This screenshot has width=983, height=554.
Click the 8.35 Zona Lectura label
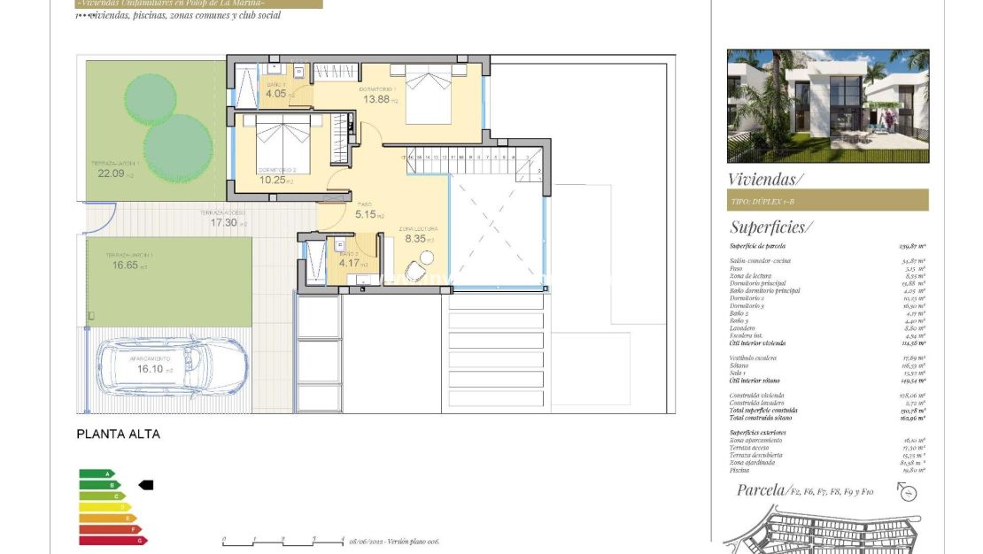click(416, 238)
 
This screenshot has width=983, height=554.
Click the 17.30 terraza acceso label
click(224, 223)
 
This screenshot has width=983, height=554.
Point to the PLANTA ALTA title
click(119, 435)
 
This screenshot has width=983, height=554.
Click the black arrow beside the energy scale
click(146, 485)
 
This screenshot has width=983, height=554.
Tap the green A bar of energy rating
click(97, 473)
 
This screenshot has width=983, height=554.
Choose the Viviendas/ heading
click(765, 179)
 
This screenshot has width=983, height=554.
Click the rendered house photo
click(828, 105)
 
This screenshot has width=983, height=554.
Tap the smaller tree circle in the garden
click(150, 98)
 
